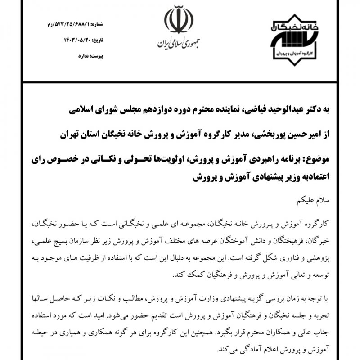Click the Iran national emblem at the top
pos(179,20)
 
